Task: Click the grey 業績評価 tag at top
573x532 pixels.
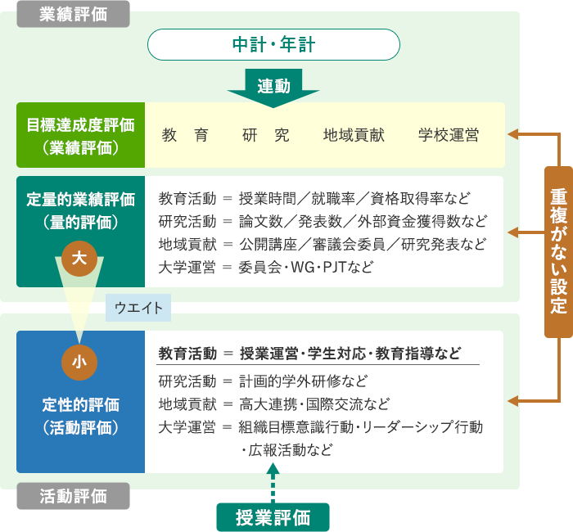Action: pyautogui.click(x=73, y=14)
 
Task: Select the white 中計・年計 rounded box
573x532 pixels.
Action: pyautogui.click(x=273, y=44)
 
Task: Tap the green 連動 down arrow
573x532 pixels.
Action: pyautogui.click(x=273, y=88)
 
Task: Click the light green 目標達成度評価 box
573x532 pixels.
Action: pyautogui.click(x=81, y=135)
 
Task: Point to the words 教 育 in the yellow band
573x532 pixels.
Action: pyautogui.click(x=185, y=135)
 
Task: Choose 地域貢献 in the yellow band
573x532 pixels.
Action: pyautogui.click(x=354, y=135)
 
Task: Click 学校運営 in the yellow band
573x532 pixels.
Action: pyautogui.click(x=449, y=135)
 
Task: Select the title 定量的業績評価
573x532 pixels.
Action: pyautogui.click(x=81, y=200)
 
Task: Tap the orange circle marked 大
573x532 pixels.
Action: pyautogui.click(x=79, y=259)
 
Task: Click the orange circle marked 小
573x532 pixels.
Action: pyautogui.click(x=79, y=363)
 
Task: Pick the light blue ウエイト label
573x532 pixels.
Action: pyautogui.click(x=138, y=308)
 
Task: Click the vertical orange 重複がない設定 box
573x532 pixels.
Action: pyautogui.click(x=558, y=252)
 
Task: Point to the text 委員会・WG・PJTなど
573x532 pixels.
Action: pyautogui.click(x=306, y=267)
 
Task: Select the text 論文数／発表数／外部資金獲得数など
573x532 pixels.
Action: pyautogui.click(x=363, y=222)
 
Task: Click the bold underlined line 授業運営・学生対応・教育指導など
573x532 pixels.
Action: pyautogui.click(x=350, y=354)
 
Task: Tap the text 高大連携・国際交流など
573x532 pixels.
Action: pyautogui.click(x=314, y=404)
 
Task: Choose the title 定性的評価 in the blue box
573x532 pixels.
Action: pyautogui.click(x=81, y=405)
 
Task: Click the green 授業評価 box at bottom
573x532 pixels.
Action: pyautogui.click(x=273, y=517)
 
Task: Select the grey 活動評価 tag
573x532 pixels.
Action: pyautogui.click(x=73, y=496)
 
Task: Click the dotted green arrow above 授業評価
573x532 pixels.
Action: pyautogui.click(x=273, y=483)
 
